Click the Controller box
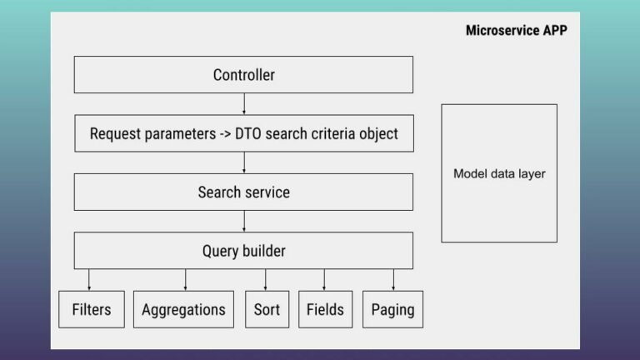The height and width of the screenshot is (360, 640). [243, 75]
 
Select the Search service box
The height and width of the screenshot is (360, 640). [243, 192]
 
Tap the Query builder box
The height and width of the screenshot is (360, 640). [243, 251]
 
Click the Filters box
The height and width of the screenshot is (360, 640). [92, 309]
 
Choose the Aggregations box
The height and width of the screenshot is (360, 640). [183, 309]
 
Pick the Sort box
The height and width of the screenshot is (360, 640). [267, 309]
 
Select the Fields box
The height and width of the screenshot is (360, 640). [325, 309]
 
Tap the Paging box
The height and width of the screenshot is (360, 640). [392, 309]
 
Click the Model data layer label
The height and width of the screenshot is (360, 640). [499, 174]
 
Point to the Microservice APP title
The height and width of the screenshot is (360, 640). [517, 31]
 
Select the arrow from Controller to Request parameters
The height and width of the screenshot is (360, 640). [243, 104]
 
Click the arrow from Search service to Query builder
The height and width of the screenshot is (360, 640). [243, 222]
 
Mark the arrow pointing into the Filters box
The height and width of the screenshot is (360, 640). [89, 280]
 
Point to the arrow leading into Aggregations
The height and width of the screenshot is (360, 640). [185, 280]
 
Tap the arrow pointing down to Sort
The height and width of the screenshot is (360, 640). [266, 280]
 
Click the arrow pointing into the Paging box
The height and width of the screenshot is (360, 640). [393, 280]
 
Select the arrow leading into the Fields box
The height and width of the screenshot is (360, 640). [324, 280]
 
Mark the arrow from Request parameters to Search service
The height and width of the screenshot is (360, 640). [243, 162]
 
